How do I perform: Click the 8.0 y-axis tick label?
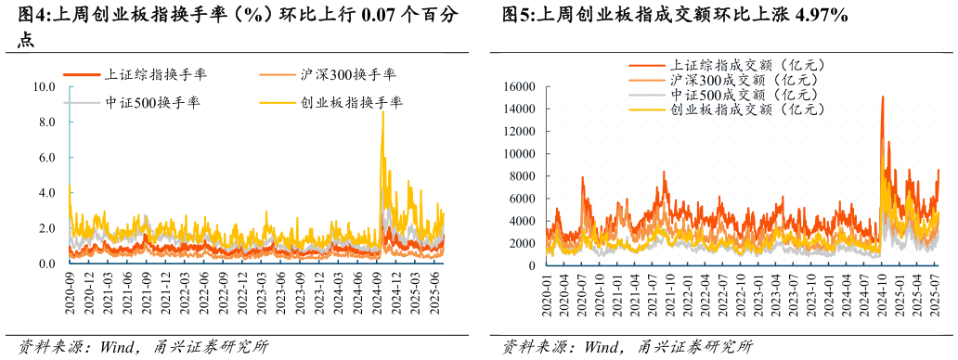[x=47, y=122]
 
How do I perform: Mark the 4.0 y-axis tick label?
[x=47, y=193]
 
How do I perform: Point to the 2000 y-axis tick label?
[x=521, y=243]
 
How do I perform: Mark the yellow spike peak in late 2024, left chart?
[x=382, y=112]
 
